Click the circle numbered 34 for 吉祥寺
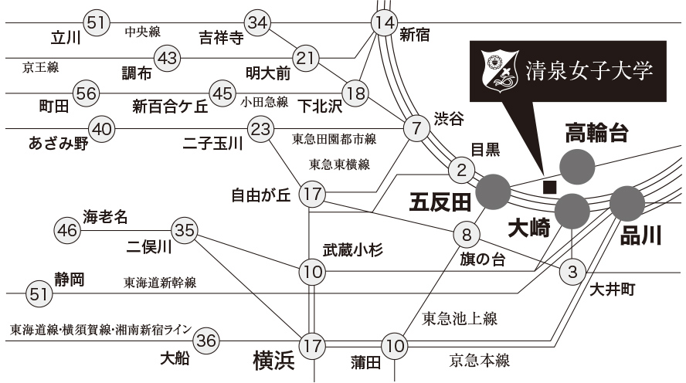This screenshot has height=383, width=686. click(x=257, y=23)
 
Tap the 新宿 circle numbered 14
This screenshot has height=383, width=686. click(x=384, y=23)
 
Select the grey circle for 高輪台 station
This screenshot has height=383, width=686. click(x=577, y=165)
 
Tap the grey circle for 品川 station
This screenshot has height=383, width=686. click(x=627, y=203)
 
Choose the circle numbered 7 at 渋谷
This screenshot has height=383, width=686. click(x=417, y=127)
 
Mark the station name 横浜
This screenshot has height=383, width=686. click(x=274, y=361)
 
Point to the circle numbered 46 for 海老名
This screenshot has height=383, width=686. click(x=67, y=230)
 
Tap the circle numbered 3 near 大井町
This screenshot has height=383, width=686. click(x=572, y=271)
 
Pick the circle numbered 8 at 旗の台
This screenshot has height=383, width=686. click(x=467, y=233)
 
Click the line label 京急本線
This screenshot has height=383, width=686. click(x=480, y=360)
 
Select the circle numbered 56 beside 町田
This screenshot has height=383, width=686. click(x=87, y=93)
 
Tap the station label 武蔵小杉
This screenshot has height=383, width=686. click(x=352, y=249)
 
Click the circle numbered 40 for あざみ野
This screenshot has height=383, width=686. click(x=101, y=128)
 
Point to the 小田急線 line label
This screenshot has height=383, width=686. click(x=264, y=101)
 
